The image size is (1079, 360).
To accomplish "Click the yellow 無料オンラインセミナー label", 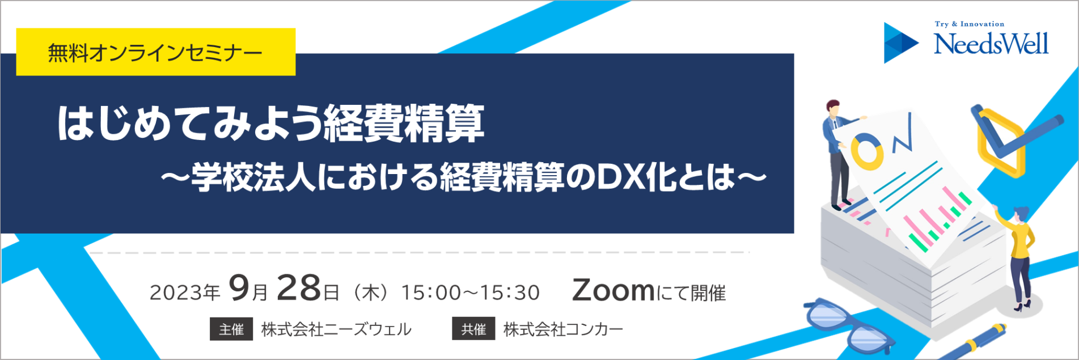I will coord(155,52).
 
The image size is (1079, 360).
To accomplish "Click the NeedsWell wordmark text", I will coord(991,44).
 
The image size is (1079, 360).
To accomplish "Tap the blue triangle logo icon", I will coord(900,43).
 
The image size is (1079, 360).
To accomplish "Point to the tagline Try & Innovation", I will coord(969,24).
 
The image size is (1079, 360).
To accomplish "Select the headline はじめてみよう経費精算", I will coord(271,123).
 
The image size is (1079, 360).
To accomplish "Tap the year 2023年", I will coord(184,293).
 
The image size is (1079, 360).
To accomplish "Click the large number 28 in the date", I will coord(299,289).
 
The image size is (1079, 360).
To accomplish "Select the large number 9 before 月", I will coord(239,289).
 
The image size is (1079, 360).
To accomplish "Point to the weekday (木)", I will coord(371,293).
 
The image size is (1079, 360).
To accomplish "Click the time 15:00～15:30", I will coord(470,293).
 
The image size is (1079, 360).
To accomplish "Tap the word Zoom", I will coord(613,290).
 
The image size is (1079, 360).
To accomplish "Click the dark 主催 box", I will coord(231,329).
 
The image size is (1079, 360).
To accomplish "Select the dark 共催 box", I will coord(473,329).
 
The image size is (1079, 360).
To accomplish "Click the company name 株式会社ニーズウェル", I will coord(336,329).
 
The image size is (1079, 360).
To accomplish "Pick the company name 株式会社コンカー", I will coord(563,329).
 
